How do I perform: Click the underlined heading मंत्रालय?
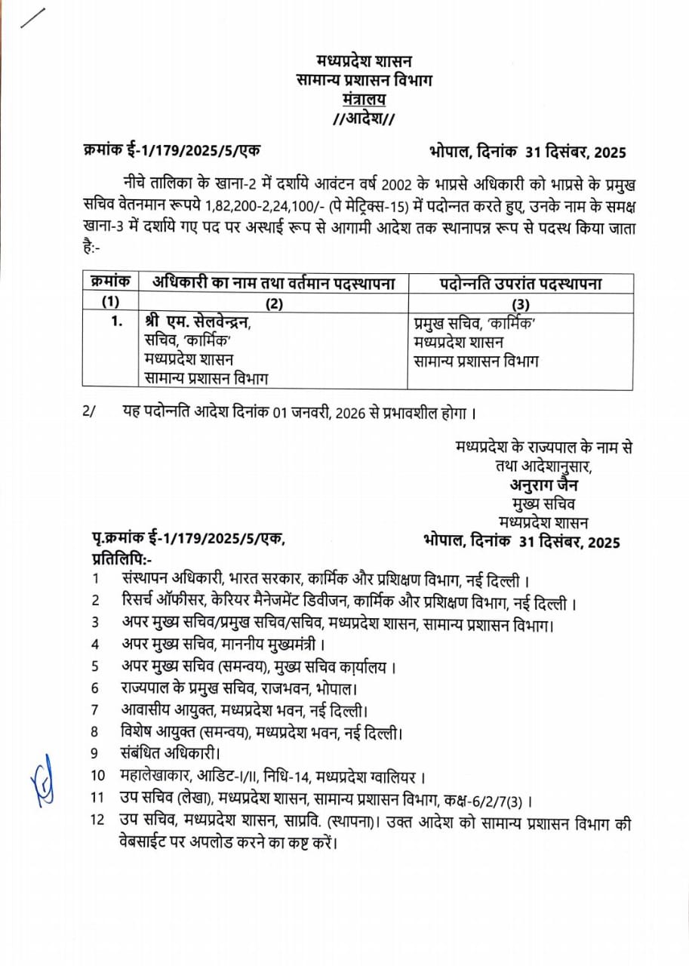coord(364,99)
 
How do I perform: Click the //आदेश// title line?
coord(364,118)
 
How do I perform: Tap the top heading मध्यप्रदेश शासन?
coord(364,61)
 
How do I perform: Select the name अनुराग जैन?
coord(543,485)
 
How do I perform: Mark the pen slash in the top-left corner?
coord(32,18)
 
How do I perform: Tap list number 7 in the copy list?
coord(95,709)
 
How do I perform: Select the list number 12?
coord(98,820)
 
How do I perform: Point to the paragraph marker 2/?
coord(91,413)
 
